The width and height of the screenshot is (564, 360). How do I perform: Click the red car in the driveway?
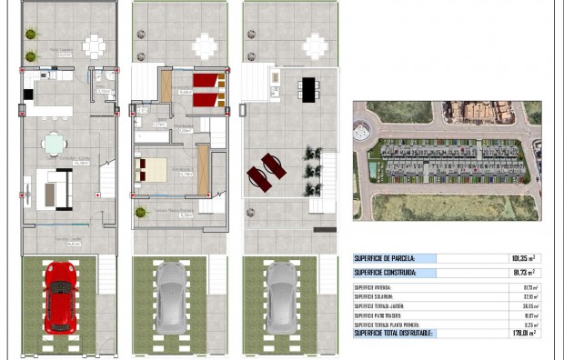point(59,295)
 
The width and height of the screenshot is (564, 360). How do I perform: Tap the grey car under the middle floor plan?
point(170,295)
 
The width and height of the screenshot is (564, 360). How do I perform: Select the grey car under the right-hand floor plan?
point(280,295)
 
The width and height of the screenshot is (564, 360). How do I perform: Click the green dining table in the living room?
point(55,144)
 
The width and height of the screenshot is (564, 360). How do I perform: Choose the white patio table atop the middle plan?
point(206,45)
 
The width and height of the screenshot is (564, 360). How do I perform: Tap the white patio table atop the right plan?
point(315,45)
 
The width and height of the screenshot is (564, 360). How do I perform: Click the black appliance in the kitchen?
point(28,94)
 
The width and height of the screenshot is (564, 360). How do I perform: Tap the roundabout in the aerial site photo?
point(361,131)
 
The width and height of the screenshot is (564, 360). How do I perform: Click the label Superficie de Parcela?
point(384,258)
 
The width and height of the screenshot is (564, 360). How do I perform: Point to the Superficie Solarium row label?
point(375,296)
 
